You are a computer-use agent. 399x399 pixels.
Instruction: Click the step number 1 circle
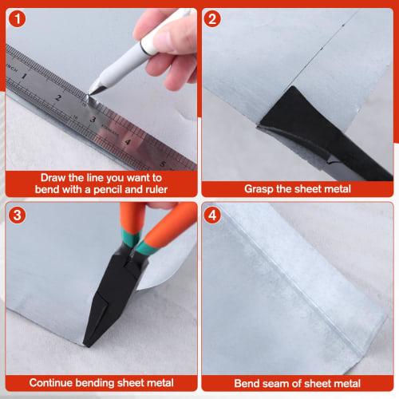(18, 18)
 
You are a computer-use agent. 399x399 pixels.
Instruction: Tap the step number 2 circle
(212, 18)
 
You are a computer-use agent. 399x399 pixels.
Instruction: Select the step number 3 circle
(18, 215)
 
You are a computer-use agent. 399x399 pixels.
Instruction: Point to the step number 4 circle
(212, 215)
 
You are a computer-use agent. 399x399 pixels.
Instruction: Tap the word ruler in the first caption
(156, 189)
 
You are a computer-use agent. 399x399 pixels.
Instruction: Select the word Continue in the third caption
(51, 383)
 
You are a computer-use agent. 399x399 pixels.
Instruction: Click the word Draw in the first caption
(53, 178)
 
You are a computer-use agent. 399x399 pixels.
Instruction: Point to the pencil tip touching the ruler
(89, 94)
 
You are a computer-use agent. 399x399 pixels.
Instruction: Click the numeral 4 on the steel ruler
(128, 142)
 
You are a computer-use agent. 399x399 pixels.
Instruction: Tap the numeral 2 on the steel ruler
(58, 98)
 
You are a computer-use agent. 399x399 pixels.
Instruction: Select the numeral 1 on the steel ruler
(24, 77)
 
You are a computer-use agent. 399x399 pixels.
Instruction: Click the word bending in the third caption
(95, 383)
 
